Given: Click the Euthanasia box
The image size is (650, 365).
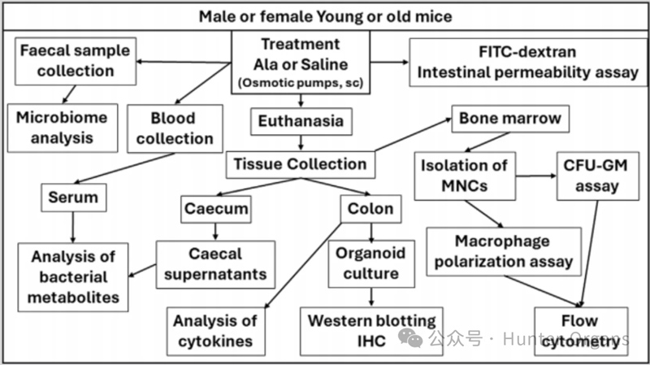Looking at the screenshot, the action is (301, 121).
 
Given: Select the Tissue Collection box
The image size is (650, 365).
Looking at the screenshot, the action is (300, 165).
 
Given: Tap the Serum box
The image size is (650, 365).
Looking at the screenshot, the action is (73, 198).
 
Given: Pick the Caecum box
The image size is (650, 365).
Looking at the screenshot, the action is (216, 209).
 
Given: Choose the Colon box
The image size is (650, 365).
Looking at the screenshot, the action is (370, 209).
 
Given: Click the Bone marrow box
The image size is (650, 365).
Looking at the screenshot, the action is (510, 119).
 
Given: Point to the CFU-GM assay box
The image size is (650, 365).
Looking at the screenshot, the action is (597, 176).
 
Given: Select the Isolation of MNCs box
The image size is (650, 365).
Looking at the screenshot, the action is (465, 176).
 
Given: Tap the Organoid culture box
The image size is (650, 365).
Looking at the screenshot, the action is (371, 264).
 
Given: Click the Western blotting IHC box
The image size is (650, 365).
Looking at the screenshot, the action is (371, 332).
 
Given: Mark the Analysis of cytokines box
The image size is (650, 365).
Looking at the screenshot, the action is (215, 332).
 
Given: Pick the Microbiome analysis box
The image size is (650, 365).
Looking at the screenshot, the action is (63, 128).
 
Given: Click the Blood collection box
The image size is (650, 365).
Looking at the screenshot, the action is (175, 128).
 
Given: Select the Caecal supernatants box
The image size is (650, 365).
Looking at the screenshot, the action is (215, 265).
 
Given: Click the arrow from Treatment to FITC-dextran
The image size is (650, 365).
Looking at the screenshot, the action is (389, 63).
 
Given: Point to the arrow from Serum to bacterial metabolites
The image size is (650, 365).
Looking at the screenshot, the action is (73, 228).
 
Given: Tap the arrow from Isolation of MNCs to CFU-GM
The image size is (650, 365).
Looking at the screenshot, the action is (536, 176).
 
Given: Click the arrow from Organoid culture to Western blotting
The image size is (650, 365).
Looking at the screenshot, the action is (371, 298).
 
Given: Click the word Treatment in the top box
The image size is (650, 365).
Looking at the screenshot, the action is (301, 44).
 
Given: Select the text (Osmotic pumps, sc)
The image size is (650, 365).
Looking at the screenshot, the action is (301, 83).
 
